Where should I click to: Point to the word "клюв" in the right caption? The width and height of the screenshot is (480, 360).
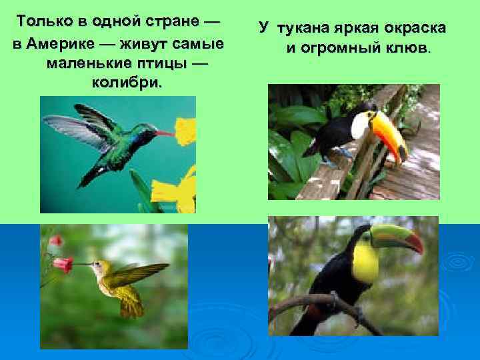point(405,49)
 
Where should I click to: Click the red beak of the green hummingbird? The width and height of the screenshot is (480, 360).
point(165,133)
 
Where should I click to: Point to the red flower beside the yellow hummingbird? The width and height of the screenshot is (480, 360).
point(63,264)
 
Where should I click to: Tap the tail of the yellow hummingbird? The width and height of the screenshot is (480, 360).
point(130,306)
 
